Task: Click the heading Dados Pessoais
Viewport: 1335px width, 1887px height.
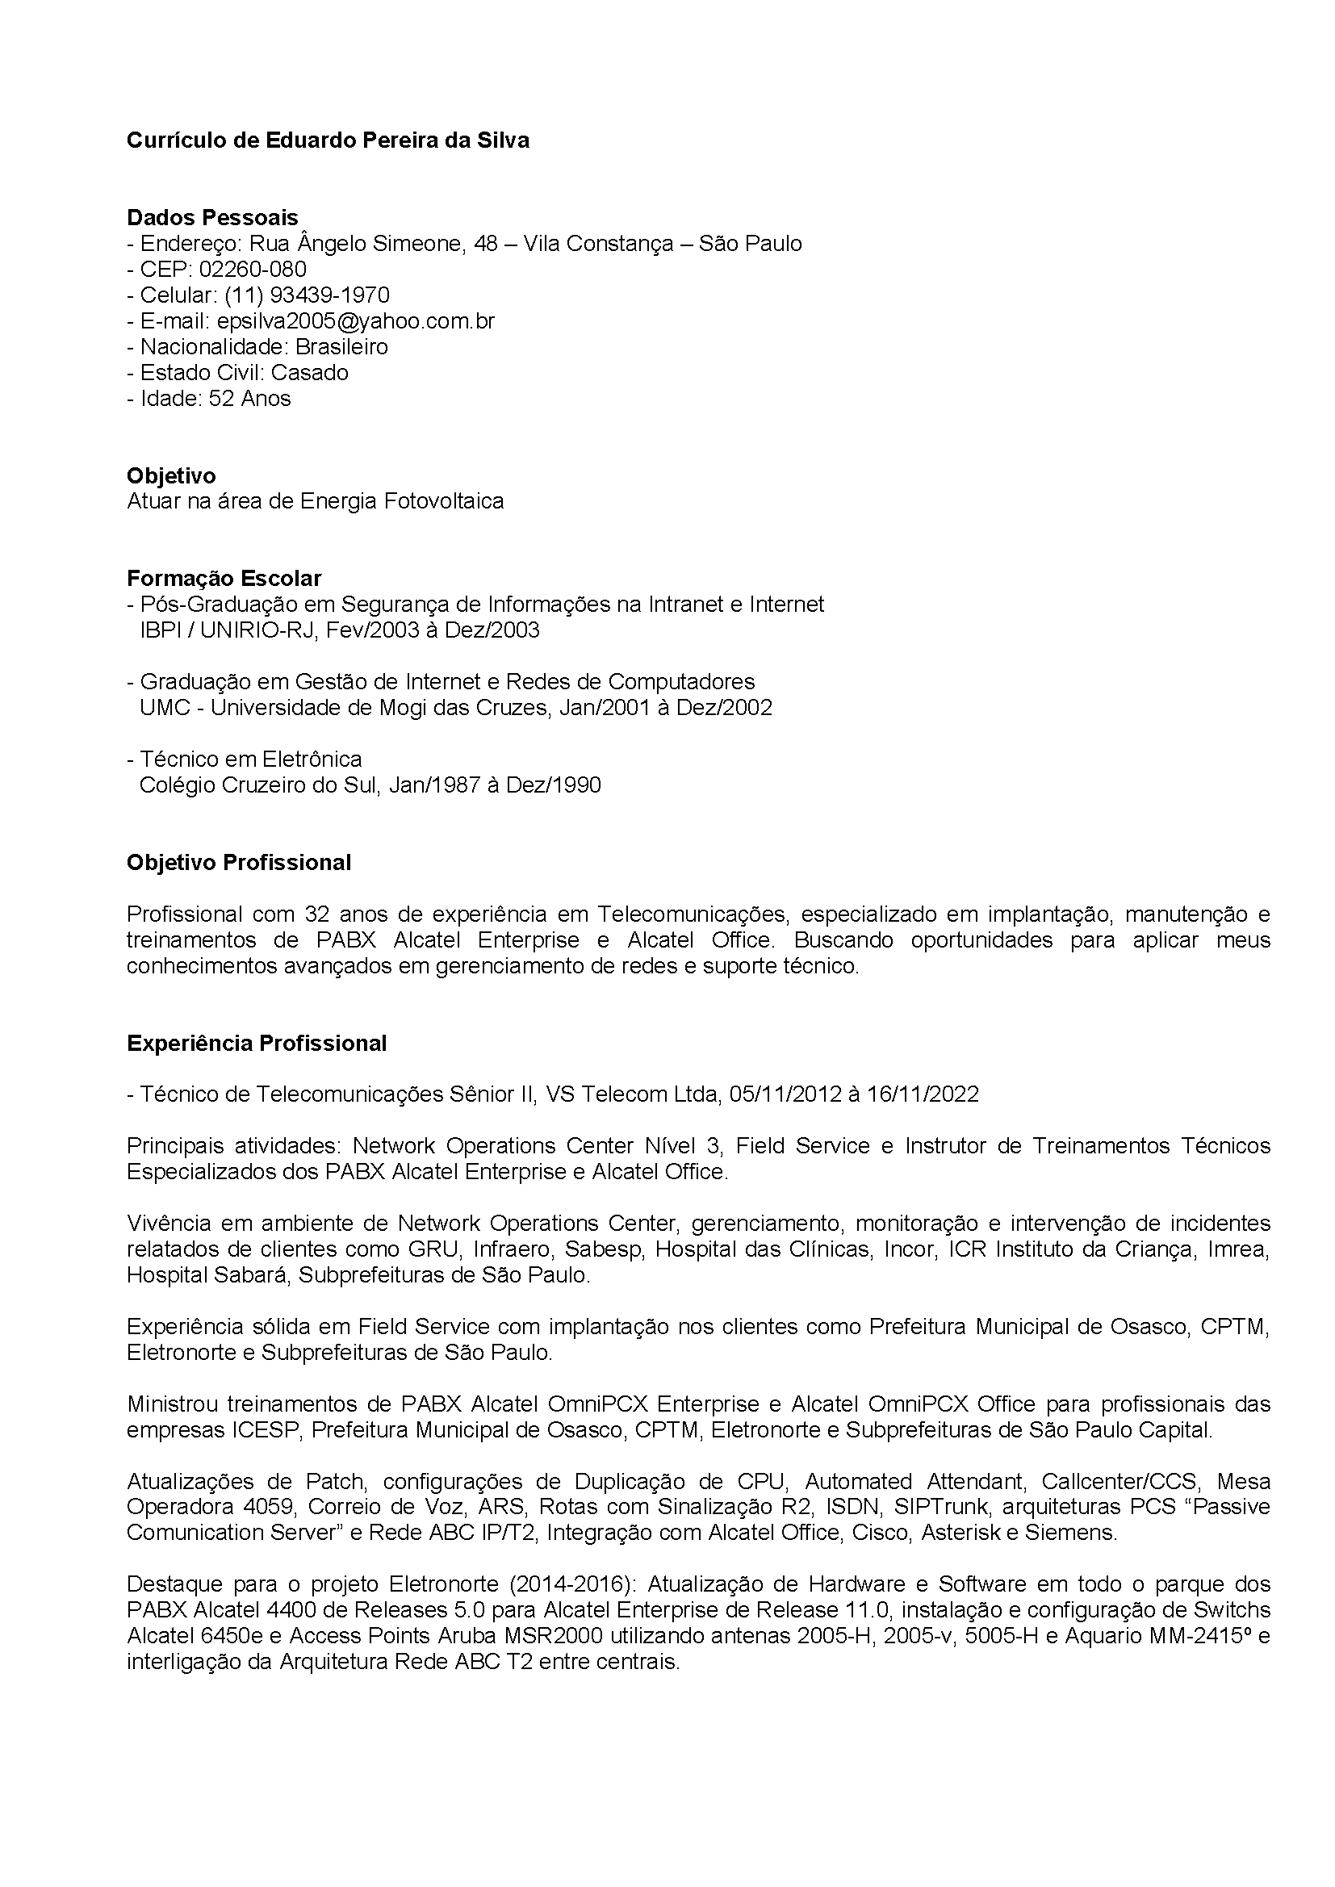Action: [x=212, y=218]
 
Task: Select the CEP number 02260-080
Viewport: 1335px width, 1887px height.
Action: [x=253, y=270]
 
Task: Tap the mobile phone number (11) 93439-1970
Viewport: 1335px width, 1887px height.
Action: [x=307, y=295]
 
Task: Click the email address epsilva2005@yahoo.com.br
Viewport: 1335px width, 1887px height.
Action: [x=355, y=321]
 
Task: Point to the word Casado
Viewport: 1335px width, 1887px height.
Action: [x=309, y=373]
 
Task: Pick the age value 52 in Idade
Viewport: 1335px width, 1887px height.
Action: [x=222, y=399]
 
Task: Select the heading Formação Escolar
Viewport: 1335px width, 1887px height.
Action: [x=224, y=579]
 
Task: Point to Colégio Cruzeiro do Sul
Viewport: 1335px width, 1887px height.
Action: [x=257, y=785]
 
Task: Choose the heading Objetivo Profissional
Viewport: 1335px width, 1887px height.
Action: [x=238, y=862]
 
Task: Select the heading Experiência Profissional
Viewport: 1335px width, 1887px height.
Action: [x=257, y=1044]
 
